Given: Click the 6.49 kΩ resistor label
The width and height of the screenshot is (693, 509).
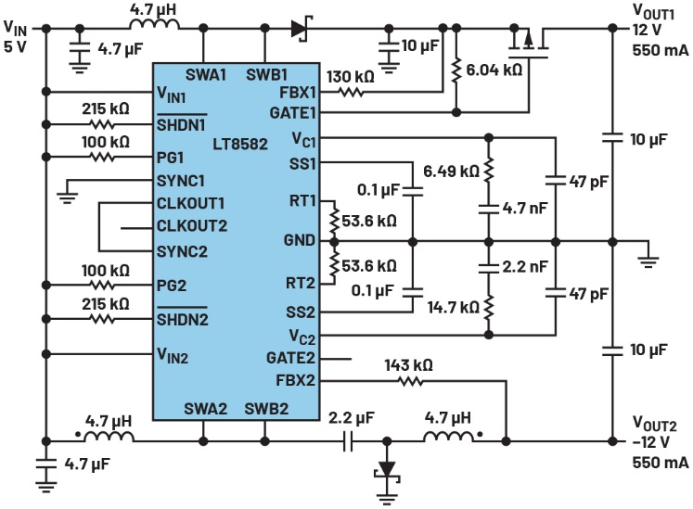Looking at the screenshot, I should (451, 172).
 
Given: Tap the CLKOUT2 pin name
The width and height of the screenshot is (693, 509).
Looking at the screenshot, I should (192, 225).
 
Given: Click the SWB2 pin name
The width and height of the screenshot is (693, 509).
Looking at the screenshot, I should (265, 409).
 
